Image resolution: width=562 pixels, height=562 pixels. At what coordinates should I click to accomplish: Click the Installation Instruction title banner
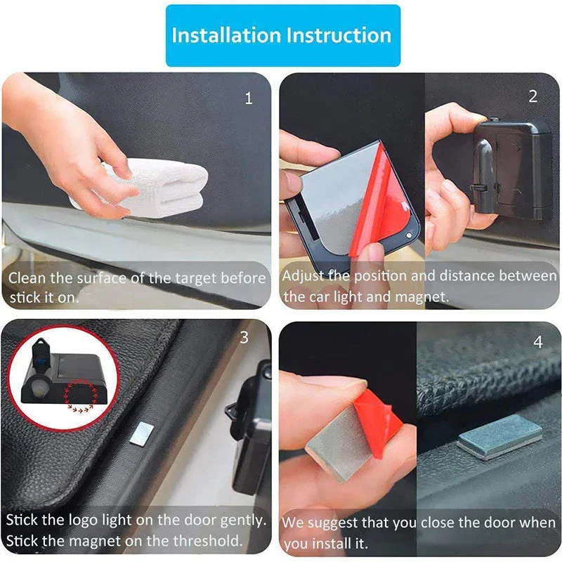[x=282, y=35]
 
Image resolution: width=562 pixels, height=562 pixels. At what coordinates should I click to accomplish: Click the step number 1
[x=248, y=98]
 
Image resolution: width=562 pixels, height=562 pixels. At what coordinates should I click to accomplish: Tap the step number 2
[x=532, y=97]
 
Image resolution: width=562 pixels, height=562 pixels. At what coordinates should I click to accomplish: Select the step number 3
[x=244, y=338]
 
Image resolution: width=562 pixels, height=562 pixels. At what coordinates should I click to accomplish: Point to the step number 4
[x=538, y=342]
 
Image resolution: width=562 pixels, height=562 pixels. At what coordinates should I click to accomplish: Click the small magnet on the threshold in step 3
[x=141, y=433]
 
